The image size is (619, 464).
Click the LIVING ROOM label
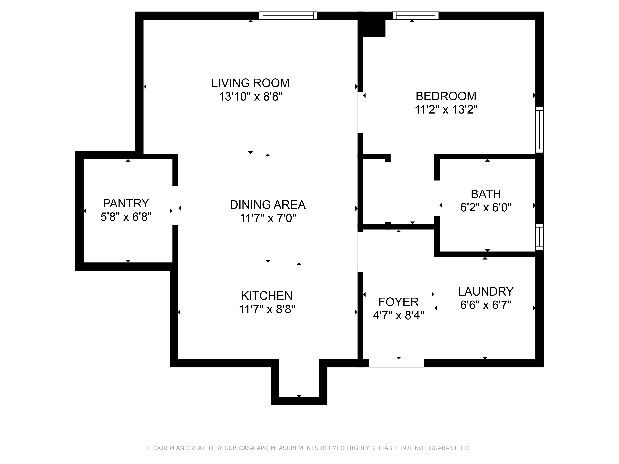tap(250, 83)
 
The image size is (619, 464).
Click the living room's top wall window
tap(288, 16)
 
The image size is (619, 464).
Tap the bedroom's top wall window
tap(415, 16)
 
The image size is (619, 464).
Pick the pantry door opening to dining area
tap(175, 206)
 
